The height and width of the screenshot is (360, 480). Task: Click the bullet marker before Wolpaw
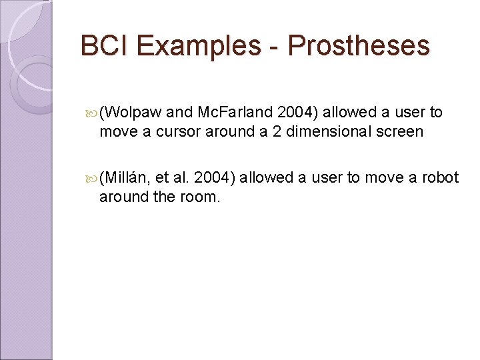[x=92, y=113]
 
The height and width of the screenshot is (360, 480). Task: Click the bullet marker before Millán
[x=92, y=178]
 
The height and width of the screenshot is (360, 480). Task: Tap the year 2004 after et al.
[x=214, y=177]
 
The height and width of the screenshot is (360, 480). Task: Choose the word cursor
[x=177, y=131]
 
